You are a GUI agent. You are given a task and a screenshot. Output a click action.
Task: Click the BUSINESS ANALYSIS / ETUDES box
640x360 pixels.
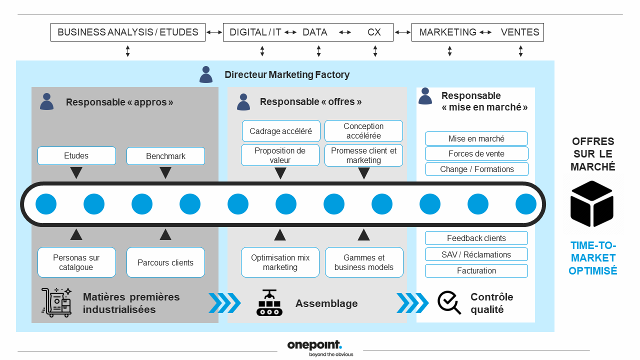point(128,32)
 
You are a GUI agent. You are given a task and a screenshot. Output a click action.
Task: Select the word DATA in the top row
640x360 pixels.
point(315,32)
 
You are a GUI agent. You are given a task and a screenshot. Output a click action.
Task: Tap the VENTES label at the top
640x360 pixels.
point(520,32)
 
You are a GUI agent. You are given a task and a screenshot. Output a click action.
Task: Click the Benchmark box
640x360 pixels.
point(165,156)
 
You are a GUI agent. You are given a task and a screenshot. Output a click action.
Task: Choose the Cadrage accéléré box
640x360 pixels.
point(280,131)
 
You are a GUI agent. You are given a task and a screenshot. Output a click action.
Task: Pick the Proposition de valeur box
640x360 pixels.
point(280,155)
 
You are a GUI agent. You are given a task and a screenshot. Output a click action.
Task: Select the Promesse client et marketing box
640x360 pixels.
point(363,155)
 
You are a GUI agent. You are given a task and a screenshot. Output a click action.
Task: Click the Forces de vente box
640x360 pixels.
point(476,153)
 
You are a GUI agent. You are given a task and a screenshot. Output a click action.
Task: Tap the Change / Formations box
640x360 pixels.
point(476,169)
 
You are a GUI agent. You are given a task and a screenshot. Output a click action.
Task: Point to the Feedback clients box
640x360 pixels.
point(476,238)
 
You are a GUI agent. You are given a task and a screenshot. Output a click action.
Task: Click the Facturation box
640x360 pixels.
point(476,270)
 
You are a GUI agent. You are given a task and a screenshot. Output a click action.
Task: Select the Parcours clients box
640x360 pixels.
point(165,262)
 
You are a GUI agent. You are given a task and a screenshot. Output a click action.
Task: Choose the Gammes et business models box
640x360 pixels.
point(364,262)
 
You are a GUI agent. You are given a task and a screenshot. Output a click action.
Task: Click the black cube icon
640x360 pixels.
point(592,203)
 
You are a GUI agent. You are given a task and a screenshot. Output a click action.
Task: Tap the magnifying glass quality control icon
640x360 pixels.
point(449,302)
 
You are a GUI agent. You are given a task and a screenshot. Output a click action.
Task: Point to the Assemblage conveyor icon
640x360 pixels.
point(269,302)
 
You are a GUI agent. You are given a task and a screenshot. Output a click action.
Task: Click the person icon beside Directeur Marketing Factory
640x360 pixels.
point(206,74)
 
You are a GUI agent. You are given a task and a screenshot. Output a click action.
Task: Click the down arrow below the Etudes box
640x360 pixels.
point(76,173)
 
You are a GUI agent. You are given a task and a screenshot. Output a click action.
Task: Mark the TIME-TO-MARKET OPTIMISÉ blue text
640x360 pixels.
point(593,258)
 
